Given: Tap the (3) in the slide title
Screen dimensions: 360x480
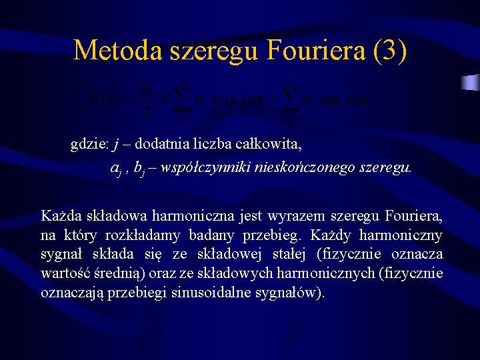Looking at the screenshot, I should (390, 51).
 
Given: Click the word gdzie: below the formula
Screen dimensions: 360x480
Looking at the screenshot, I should (90, 144).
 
